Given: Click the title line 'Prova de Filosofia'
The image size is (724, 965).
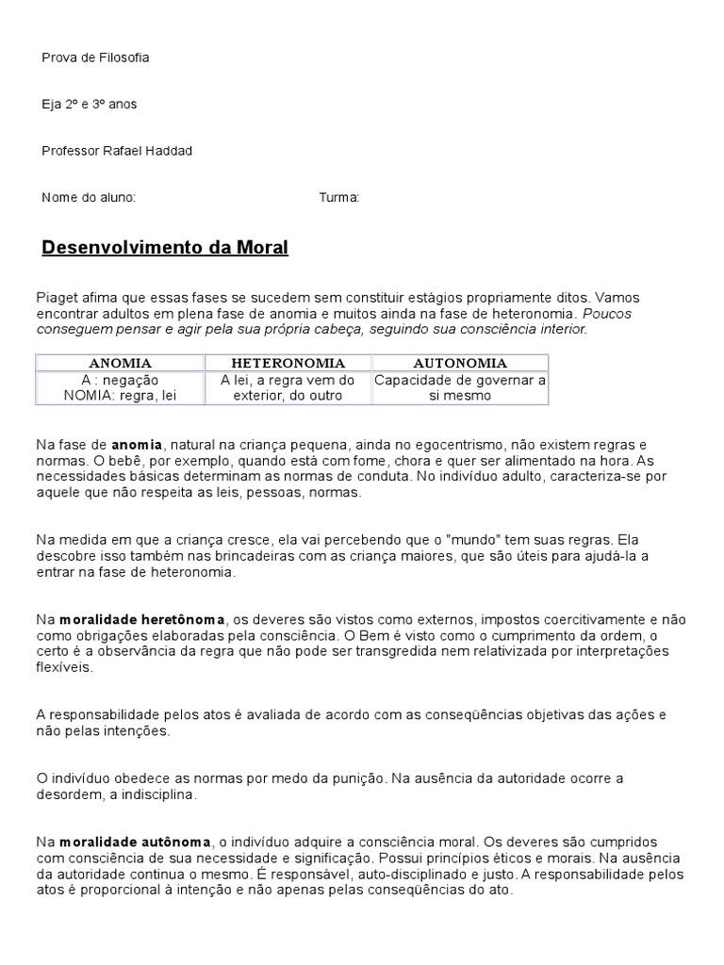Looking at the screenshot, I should (x=95, y=57).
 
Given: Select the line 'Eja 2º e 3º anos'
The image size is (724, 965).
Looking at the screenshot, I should (x=90, y=105).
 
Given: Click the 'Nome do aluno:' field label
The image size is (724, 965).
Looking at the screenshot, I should (x=89, y=198).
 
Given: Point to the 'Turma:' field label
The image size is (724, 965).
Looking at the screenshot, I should (x=339, y=198).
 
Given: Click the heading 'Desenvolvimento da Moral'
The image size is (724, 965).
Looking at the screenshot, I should (x=165, y=249).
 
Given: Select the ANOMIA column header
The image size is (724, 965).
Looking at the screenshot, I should (x=120, y=363).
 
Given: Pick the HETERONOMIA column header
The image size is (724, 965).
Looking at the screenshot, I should (x=288, y=363).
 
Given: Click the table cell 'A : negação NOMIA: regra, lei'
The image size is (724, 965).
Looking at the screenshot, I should (x=120, y=388).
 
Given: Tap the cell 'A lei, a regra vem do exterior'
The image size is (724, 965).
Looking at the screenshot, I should (x=288, y=388).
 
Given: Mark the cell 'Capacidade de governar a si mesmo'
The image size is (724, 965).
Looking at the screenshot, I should (x=460, y=388).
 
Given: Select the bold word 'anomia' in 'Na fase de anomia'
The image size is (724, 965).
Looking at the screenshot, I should (x=138, y=444).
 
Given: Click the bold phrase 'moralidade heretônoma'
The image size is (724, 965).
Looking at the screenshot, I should (x=142, y=619).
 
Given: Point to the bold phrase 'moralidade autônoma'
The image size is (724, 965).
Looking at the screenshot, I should (x=136, y=842).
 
